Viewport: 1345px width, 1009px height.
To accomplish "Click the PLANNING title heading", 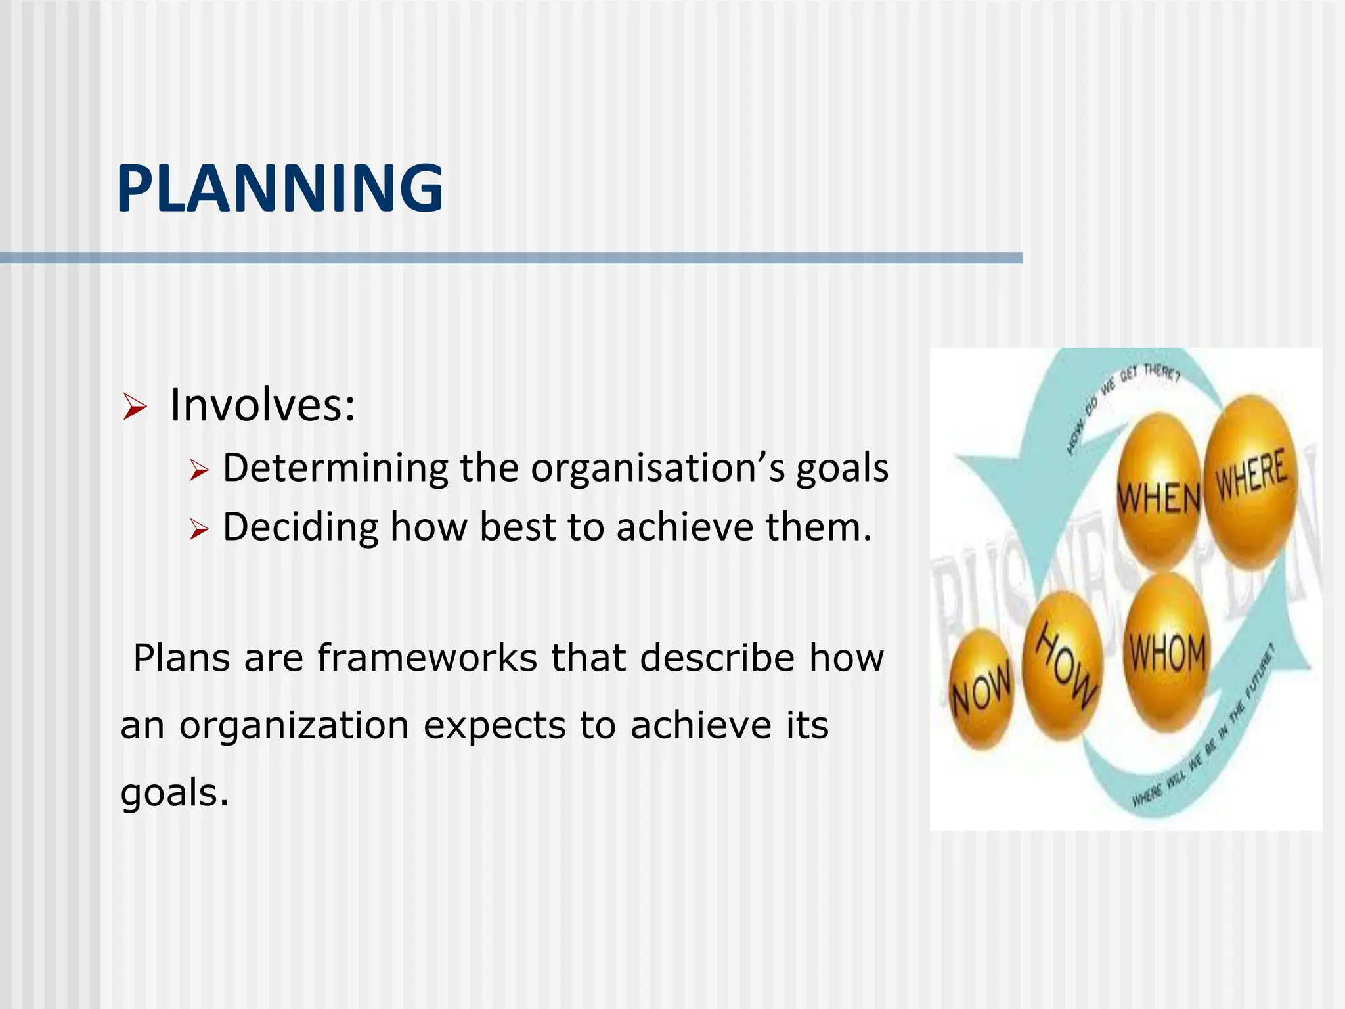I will [x=280, y=189].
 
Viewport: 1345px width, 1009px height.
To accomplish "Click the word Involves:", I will [x=262, y=405].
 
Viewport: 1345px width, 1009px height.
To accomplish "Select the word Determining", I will [x=335, y=468].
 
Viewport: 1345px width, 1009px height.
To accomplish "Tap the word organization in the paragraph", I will [x=294, y=725].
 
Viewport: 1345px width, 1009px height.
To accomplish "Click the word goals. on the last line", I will [x=175, y=792].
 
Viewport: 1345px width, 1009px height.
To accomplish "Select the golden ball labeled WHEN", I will [x=1159, y=489].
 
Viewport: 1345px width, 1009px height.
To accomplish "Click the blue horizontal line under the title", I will [x=511, y=258].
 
